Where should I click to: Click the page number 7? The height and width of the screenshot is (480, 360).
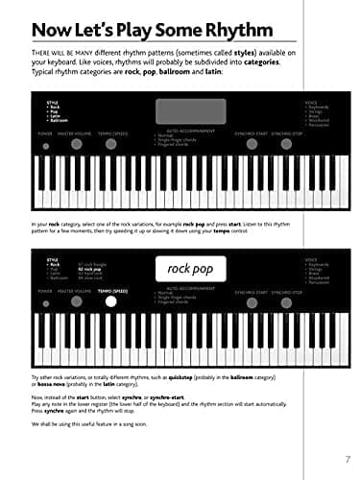347,459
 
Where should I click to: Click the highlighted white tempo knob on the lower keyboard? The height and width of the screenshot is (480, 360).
111,301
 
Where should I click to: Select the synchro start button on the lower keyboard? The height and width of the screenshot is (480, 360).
252,301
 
